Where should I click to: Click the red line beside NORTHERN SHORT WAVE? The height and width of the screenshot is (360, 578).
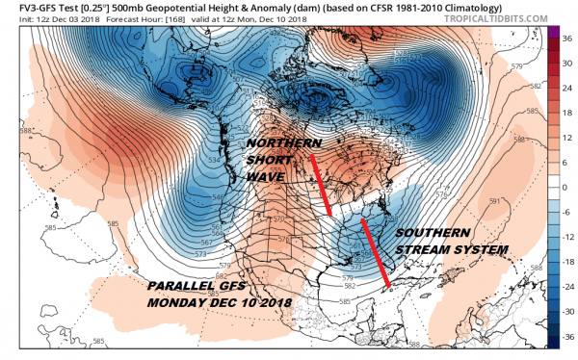click(322, 179)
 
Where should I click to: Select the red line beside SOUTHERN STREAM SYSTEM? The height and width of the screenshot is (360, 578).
click(376, 253)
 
